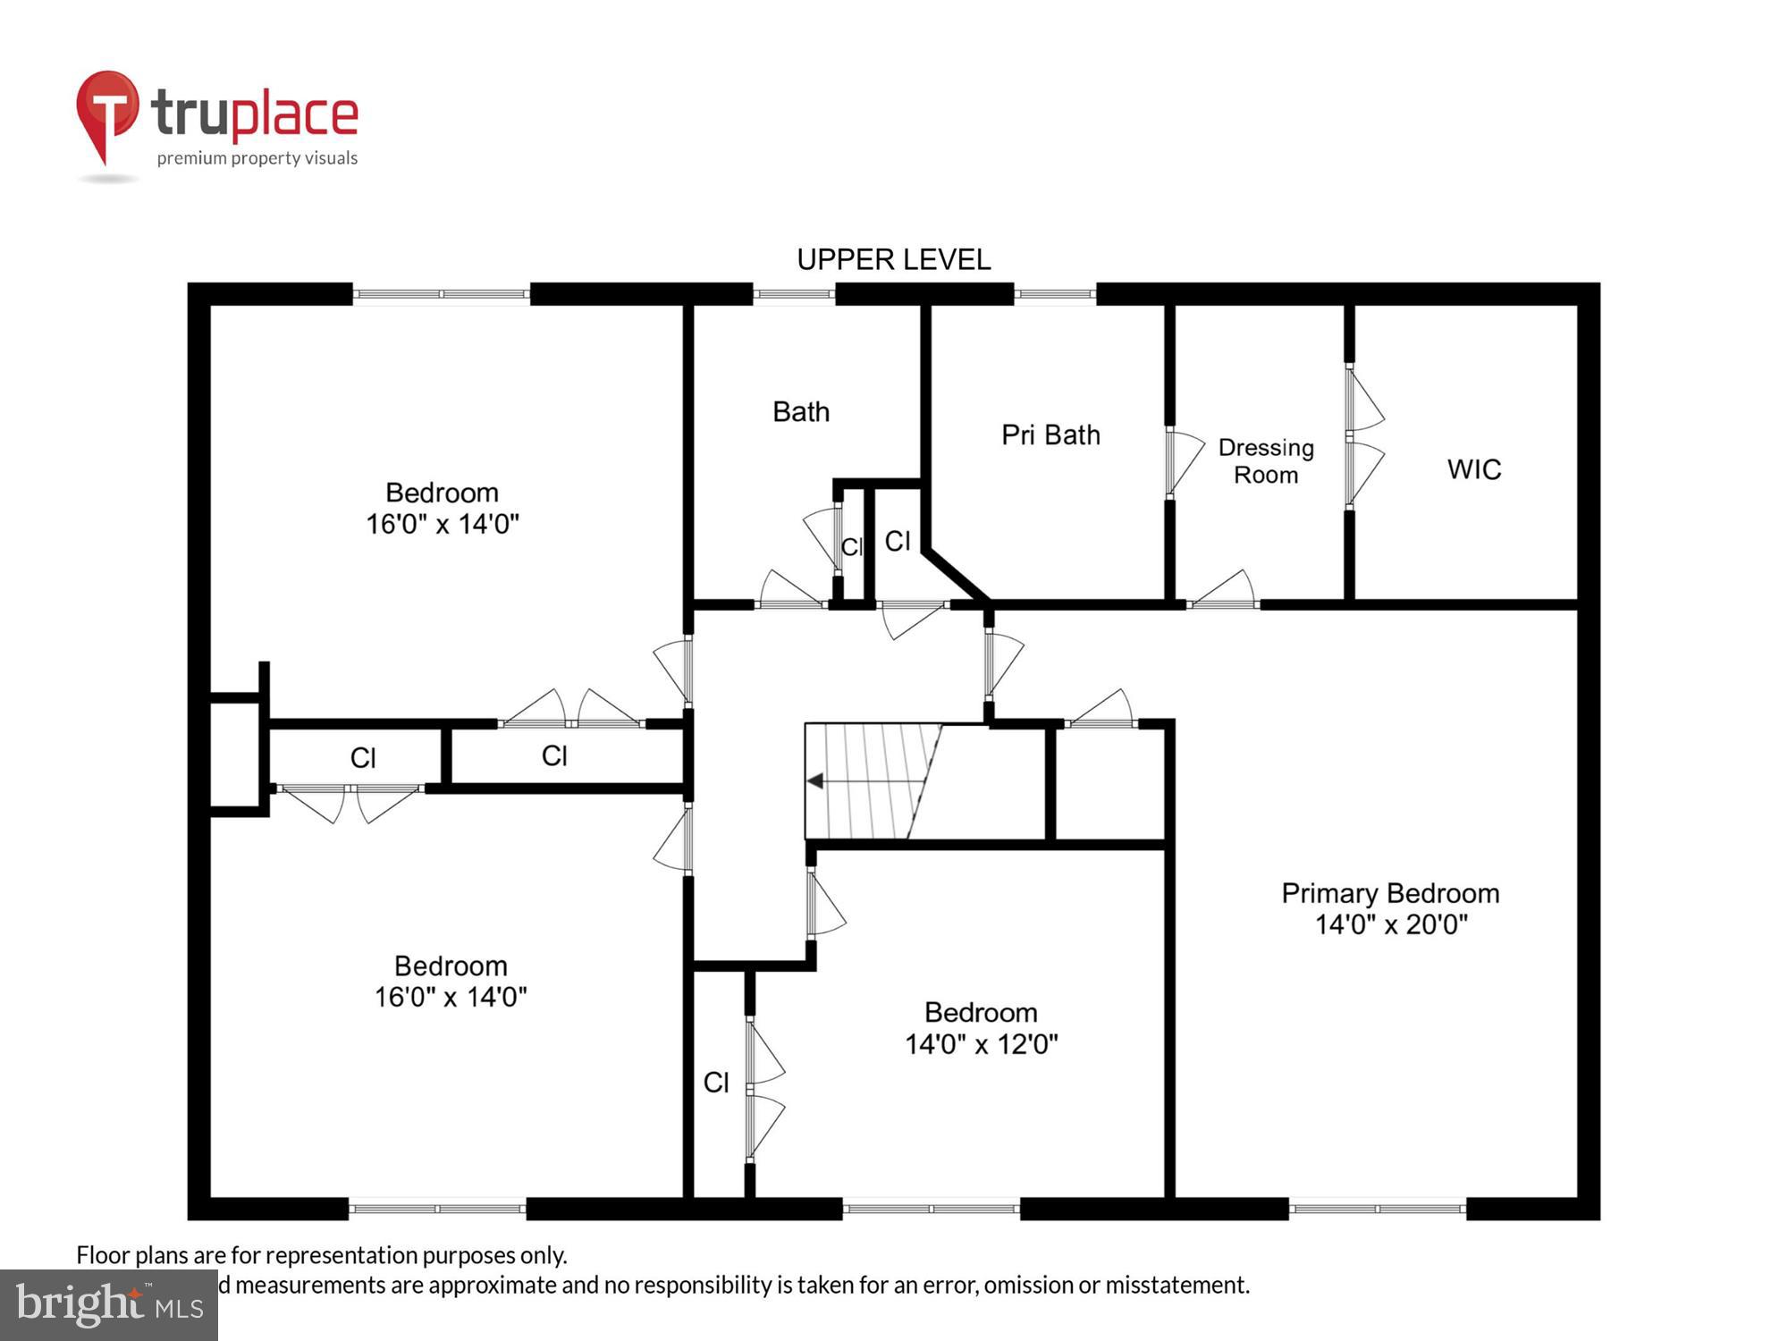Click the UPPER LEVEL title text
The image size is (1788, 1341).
coord(893,260)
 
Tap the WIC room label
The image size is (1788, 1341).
coord(1474,469)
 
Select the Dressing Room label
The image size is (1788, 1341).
coord(1266,460)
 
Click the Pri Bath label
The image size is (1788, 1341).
coord(1050,435)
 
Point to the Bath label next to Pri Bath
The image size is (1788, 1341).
coord(801,412)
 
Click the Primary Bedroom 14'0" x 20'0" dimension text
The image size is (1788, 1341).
coord(1390,924)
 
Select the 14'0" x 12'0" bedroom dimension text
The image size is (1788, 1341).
coord(981,1044)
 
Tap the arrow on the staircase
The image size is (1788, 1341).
coord(815,781)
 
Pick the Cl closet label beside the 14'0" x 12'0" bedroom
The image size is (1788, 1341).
coord(716,1083)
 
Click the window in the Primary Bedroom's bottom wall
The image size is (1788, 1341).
coord(1377,1209)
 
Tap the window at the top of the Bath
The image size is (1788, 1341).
coord(794,294)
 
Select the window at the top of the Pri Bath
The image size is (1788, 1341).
coord(1055,294)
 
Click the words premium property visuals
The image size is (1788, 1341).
coord(257,159)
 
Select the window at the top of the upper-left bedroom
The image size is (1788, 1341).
coord(442,294)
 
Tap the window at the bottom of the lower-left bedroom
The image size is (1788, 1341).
coord(436,1209)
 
